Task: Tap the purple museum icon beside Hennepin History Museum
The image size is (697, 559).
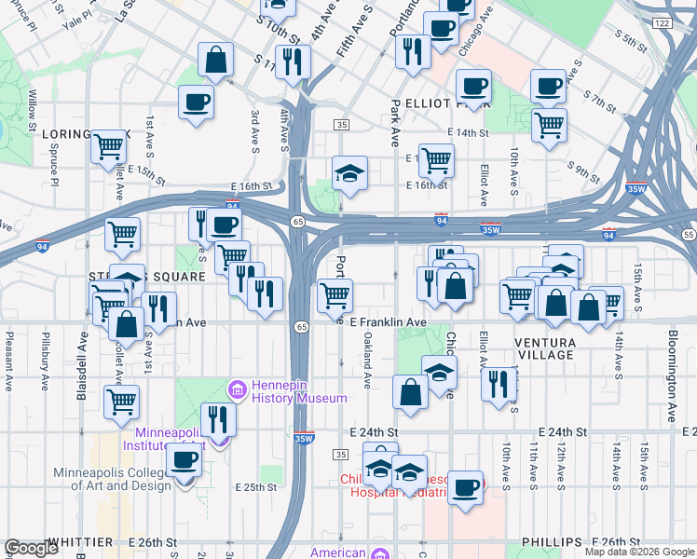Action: [237, 388]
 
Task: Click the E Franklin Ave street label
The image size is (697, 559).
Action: [388, 322]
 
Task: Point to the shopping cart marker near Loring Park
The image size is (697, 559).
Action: [109, 147]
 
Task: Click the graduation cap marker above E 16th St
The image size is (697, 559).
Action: [349, 173]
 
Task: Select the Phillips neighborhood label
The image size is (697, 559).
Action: [552, 542]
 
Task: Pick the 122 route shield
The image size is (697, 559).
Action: [662, 22]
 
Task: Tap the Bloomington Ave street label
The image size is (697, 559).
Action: [672, 375]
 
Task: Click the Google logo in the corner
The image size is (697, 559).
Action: [32, 548]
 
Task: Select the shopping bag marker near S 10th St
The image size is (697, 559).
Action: [216, 61]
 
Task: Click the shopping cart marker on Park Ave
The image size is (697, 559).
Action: [435, 160]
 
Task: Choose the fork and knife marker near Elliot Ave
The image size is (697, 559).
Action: [500, 384]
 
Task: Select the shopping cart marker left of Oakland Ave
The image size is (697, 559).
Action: [335, 296]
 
